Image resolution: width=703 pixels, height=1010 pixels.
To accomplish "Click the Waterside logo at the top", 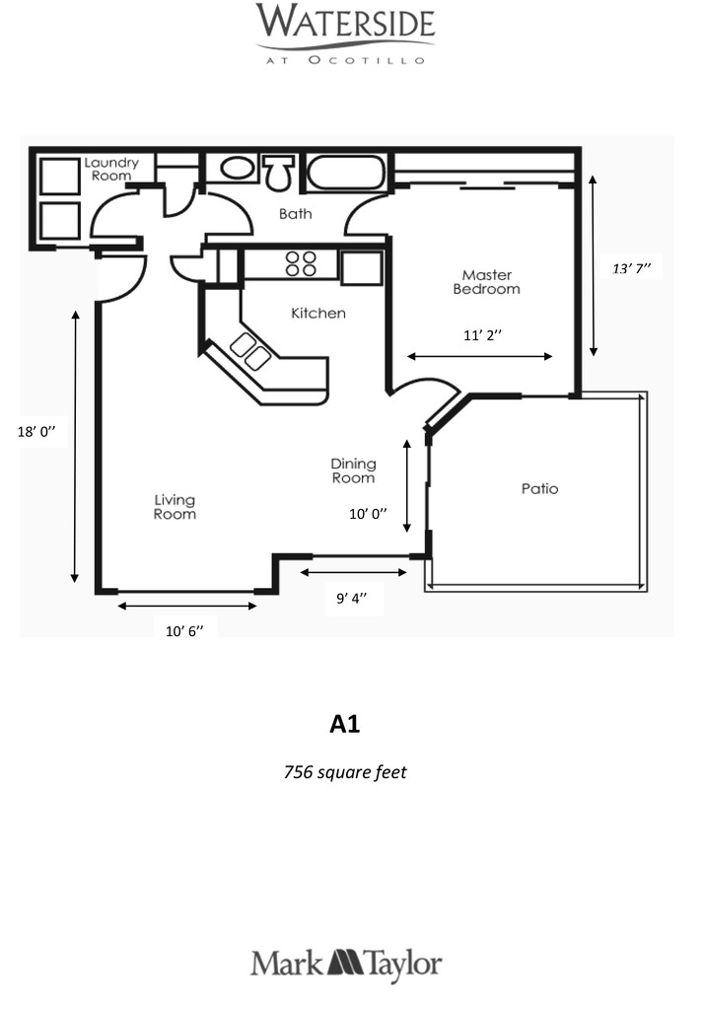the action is [x=346, y=34].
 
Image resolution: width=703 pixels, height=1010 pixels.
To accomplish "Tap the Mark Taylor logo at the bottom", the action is [x=346, y=965].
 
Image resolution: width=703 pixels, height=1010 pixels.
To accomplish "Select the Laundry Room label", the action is [x=111, y=169].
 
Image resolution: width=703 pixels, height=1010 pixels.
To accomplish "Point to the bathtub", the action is [x=346, y=172].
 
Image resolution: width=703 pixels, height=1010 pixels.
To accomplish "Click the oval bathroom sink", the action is [x=238, y=168].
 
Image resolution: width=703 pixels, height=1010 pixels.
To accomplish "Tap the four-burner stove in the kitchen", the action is [x=301, y=263].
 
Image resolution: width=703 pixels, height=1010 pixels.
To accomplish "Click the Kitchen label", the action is [x=318, y=314].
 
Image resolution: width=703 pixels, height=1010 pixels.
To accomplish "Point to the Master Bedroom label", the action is [x=486, y=282].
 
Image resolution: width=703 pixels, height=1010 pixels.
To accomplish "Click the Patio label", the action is [x=539, y=489].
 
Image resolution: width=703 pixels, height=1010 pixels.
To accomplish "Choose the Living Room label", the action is [x=175, y=507].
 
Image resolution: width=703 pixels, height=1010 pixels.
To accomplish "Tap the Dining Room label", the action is [x=353, y=470].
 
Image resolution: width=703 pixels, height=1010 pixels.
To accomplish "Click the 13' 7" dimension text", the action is [x=632, y=268].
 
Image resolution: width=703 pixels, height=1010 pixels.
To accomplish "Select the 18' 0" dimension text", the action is [x=36, y=432].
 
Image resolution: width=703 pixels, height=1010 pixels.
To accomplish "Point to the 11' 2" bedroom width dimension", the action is [x=482, y=335].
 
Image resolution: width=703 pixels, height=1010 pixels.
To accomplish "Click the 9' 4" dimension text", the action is [x=351, y=598].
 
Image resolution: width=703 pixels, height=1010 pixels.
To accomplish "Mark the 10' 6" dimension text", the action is [x=184, y=631].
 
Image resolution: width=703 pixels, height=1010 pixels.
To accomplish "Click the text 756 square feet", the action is [x=345, y=771].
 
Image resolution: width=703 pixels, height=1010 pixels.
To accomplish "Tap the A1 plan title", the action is [x=344, y=724].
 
